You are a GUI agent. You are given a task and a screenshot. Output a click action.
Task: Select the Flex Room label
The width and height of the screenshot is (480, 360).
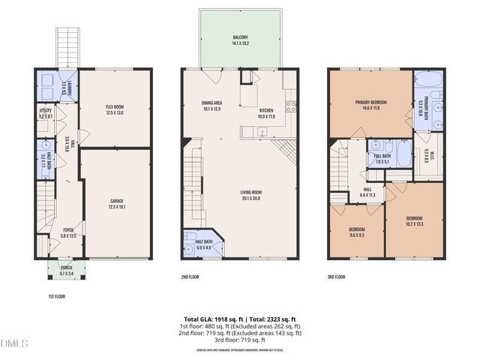[x=114, y=109]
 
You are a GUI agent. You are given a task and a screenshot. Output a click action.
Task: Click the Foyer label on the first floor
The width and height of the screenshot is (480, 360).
[x=68, y=232]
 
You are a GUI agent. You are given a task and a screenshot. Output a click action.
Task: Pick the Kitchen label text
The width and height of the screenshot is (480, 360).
[x=267, y=114]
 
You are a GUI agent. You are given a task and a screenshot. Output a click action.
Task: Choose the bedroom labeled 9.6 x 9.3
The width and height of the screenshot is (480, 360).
[x=357, y=232]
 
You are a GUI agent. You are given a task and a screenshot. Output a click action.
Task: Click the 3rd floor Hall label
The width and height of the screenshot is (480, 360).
[x=368, y=191]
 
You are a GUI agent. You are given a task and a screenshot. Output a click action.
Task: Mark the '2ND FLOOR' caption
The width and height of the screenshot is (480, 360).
[x=192, y=277]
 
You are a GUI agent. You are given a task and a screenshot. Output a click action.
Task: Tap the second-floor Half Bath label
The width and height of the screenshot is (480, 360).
[x=204, y=243]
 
